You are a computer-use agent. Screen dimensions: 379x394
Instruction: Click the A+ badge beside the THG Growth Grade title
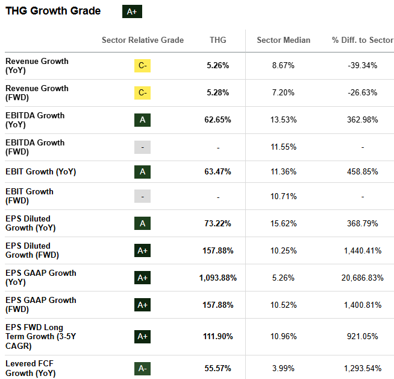(132, 11)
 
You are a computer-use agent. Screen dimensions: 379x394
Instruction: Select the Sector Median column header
(283, 40)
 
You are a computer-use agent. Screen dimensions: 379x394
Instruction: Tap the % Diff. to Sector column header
(362, 40)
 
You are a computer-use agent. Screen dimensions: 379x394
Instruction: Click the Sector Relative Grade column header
(143, 40)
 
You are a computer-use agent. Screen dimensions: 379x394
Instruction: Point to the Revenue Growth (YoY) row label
(37, 65)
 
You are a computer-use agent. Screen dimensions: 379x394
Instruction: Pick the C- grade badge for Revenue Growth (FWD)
(142, 93)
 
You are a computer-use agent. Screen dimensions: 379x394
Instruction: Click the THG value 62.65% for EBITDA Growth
(217, 120)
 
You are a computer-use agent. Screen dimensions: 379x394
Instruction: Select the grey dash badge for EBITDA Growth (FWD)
(142, 147)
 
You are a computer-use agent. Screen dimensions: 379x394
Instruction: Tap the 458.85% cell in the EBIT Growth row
(362, 172)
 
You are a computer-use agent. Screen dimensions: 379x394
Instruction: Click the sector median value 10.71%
(283, 197)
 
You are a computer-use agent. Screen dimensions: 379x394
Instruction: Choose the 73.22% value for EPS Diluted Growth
(217, 223)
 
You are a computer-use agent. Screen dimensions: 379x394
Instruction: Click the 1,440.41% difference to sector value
(362, 250)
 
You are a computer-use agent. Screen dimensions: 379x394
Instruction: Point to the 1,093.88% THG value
(217, 278)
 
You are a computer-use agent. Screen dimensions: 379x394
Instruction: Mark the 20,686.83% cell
(362, 278)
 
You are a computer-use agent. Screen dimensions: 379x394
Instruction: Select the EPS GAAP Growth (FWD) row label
(40, 305)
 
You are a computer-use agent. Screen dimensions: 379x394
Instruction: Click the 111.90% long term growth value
(217, 336)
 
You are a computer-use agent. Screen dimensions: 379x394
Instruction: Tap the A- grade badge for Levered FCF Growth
(142, 368)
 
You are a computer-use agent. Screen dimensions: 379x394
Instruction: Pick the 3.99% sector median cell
(283, 368)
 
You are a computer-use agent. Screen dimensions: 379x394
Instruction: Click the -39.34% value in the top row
(362, 66)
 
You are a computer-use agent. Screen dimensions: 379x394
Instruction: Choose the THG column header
(217, 40)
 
